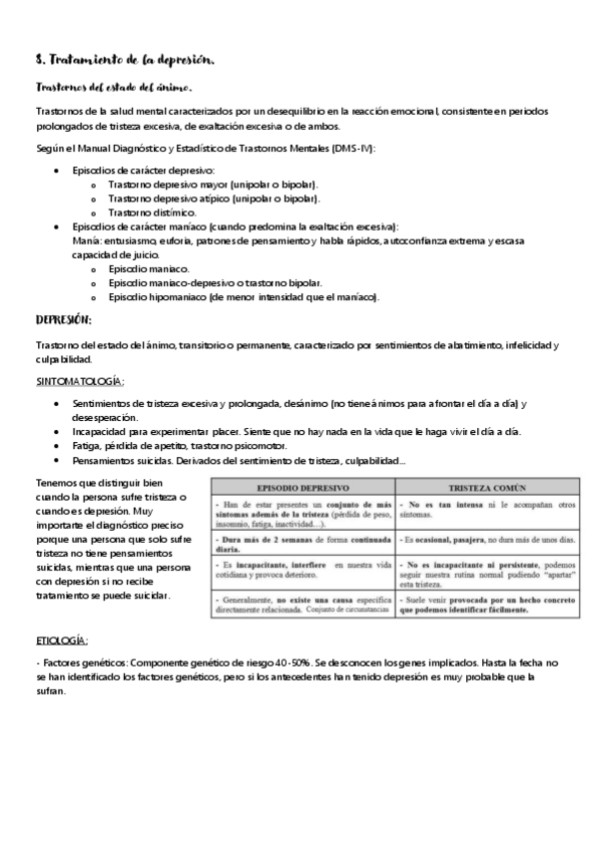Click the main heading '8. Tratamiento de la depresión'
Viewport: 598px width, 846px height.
(119, 61)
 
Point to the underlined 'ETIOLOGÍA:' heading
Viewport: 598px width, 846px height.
(62, 639)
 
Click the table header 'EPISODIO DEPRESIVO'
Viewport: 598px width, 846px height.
(302, 489)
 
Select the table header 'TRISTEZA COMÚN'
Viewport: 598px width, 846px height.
(486, 489)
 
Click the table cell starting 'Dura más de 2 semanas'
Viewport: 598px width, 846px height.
(302, 541)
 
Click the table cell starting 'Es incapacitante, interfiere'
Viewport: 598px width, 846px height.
(302, 572)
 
